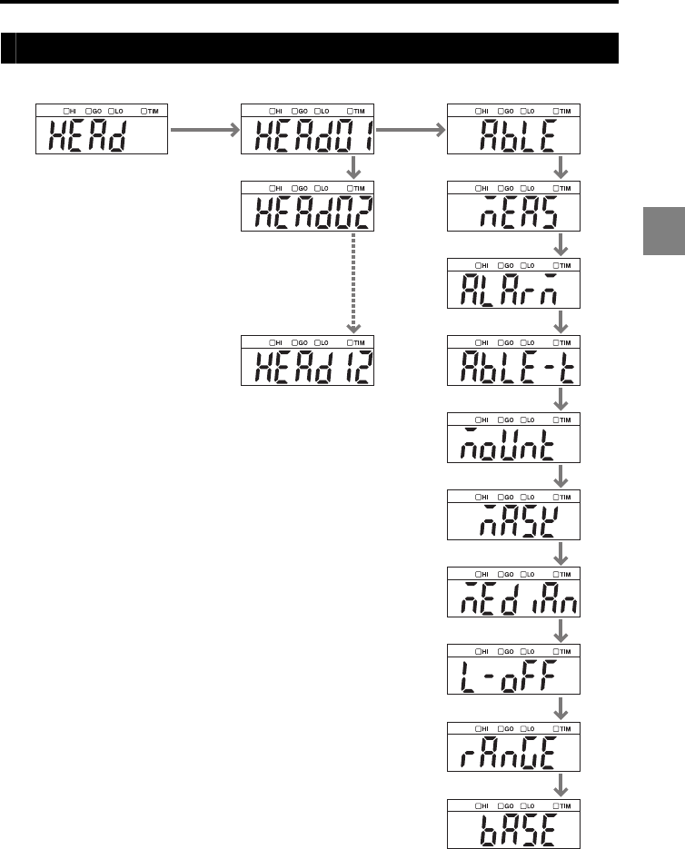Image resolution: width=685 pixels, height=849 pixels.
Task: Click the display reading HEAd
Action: click(103, 130)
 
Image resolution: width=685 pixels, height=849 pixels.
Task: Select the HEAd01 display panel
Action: click(310, 130)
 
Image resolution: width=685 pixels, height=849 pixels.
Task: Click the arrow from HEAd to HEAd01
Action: click(205, 131)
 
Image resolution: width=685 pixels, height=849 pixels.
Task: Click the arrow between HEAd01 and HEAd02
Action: click(353, 167)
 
